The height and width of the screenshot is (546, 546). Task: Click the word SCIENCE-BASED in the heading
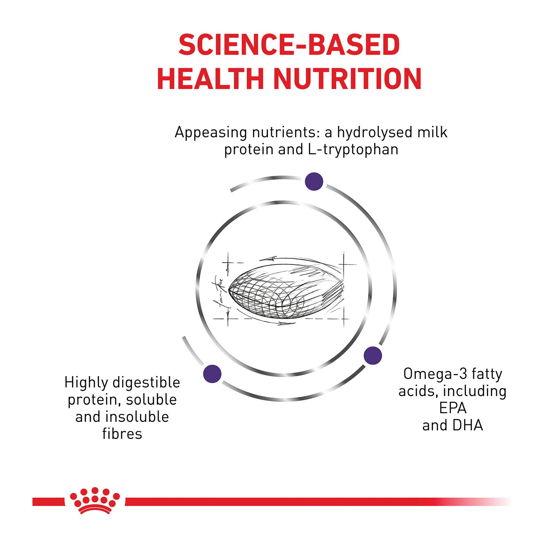(x=289, y=45)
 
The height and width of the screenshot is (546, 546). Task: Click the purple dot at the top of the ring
(x=314, y=181)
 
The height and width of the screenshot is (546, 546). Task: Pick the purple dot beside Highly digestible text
(x=213, y=373)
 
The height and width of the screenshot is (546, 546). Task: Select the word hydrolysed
(x=374, y=132)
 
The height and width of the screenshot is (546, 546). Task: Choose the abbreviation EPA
(x=452, y=408)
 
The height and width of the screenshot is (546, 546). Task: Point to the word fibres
(x=122, y=434)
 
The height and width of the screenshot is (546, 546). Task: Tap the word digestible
(x=146, y=383)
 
